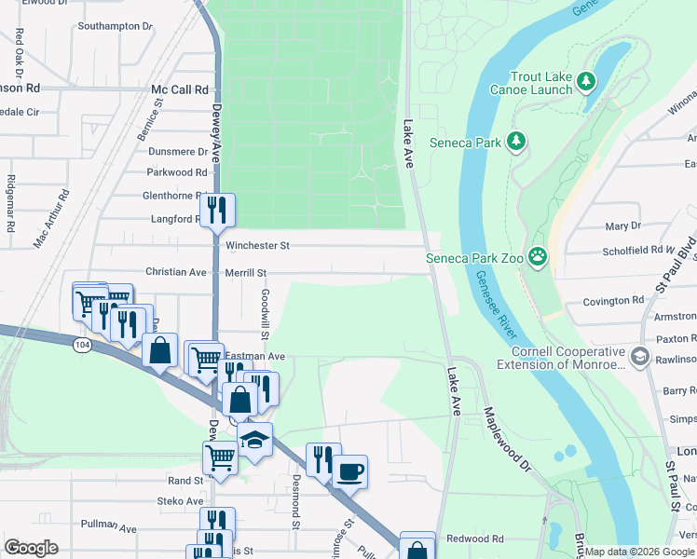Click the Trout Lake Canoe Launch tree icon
586,83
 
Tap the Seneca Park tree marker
516,143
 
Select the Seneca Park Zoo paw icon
538,256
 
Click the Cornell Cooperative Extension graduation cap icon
639,356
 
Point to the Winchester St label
258,246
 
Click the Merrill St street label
246,273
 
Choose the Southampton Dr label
115,26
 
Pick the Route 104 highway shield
82,346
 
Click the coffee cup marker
350,471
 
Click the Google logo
31,548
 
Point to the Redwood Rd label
474,539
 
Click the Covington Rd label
613,301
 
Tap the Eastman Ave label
255,356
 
